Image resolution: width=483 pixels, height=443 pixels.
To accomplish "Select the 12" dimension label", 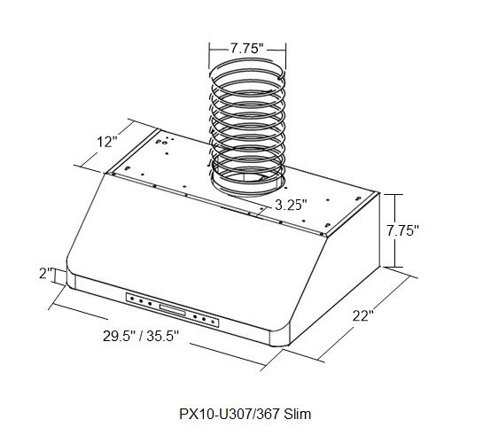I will point(108,142).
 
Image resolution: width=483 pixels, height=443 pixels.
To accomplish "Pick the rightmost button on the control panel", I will point(214,321).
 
